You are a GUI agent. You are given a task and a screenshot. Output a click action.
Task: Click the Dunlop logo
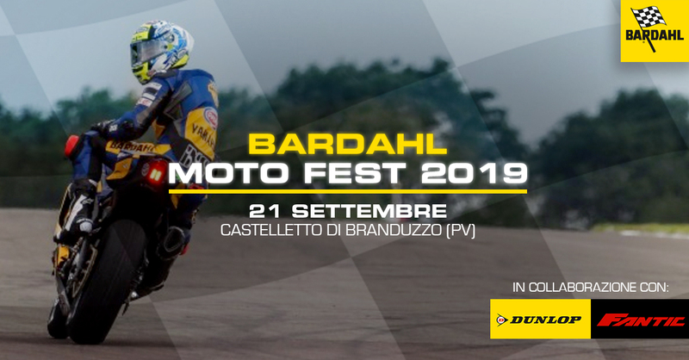tap(540, 320)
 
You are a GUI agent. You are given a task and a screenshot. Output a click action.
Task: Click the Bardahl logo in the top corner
tap(655, 31)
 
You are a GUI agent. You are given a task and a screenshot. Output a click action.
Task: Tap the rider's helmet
tap(159, 50)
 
